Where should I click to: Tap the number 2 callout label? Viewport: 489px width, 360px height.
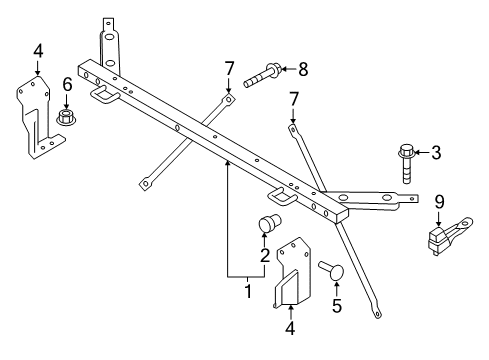(x=265, y=256)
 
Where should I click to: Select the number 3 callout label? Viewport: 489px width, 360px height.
(x=437, y=153)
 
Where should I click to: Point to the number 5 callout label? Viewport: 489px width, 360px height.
(x=336, y=306)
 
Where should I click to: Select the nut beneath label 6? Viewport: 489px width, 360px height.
(x=68, y=118)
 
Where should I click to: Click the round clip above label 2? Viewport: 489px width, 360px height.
(x=269, y=225)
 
